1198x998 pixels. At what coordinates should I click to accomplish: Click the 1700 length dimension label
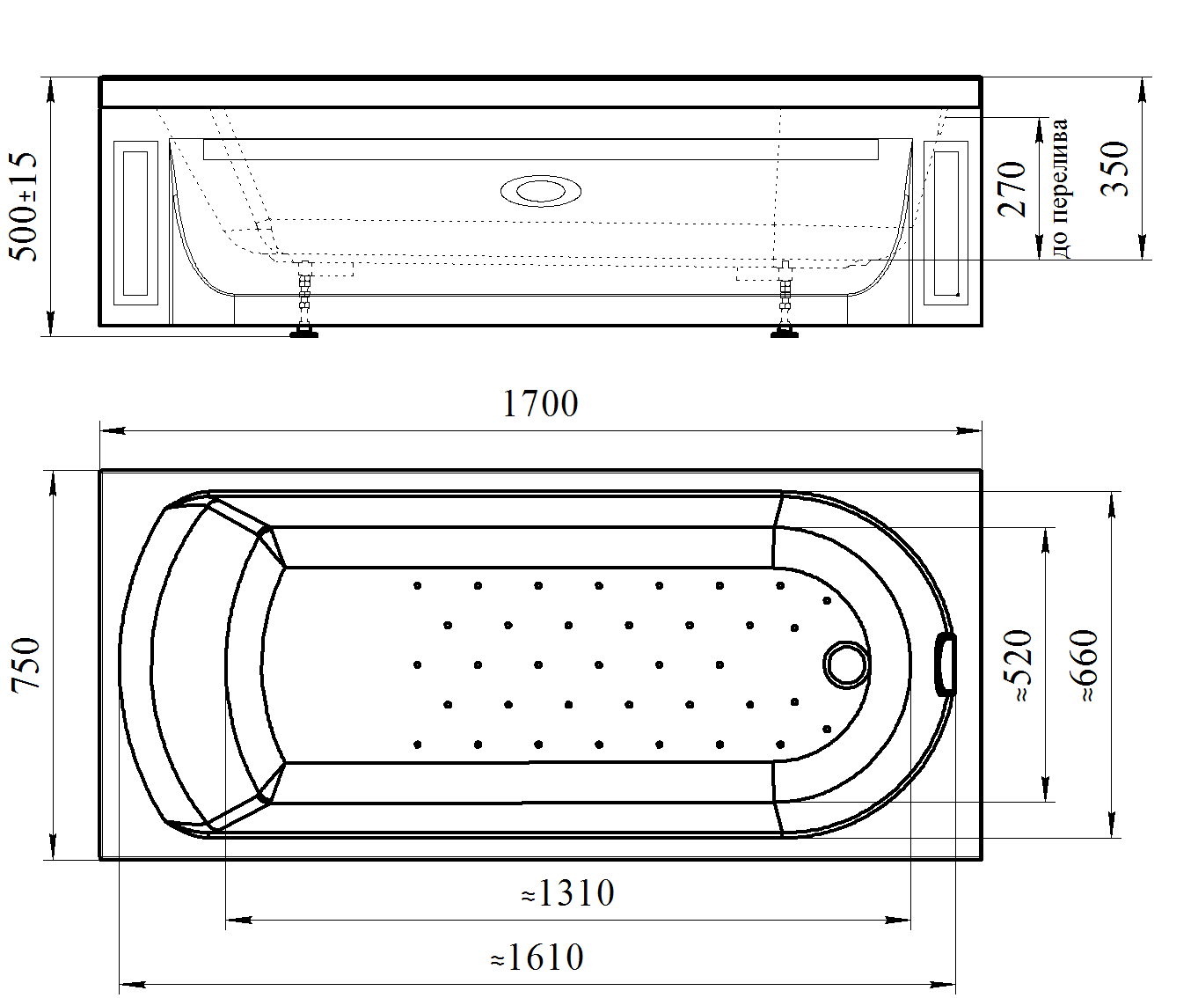point(540,404)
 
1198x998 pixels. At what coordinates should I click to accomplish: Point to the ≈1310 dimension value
point(567,893)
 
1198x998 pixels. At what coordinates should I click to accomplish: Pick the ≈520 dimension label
point(1019,665)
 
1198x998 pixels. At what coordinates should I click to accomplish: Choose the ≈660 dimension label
point(1084,665)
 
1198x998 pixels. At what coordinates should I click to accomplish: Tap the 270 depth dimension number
point(1012,189)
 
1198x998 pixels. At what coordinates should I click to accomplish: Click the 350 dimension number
point(1114,168)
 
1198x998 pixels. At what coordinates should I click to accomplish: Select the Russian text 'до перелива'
point(1059,188)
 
